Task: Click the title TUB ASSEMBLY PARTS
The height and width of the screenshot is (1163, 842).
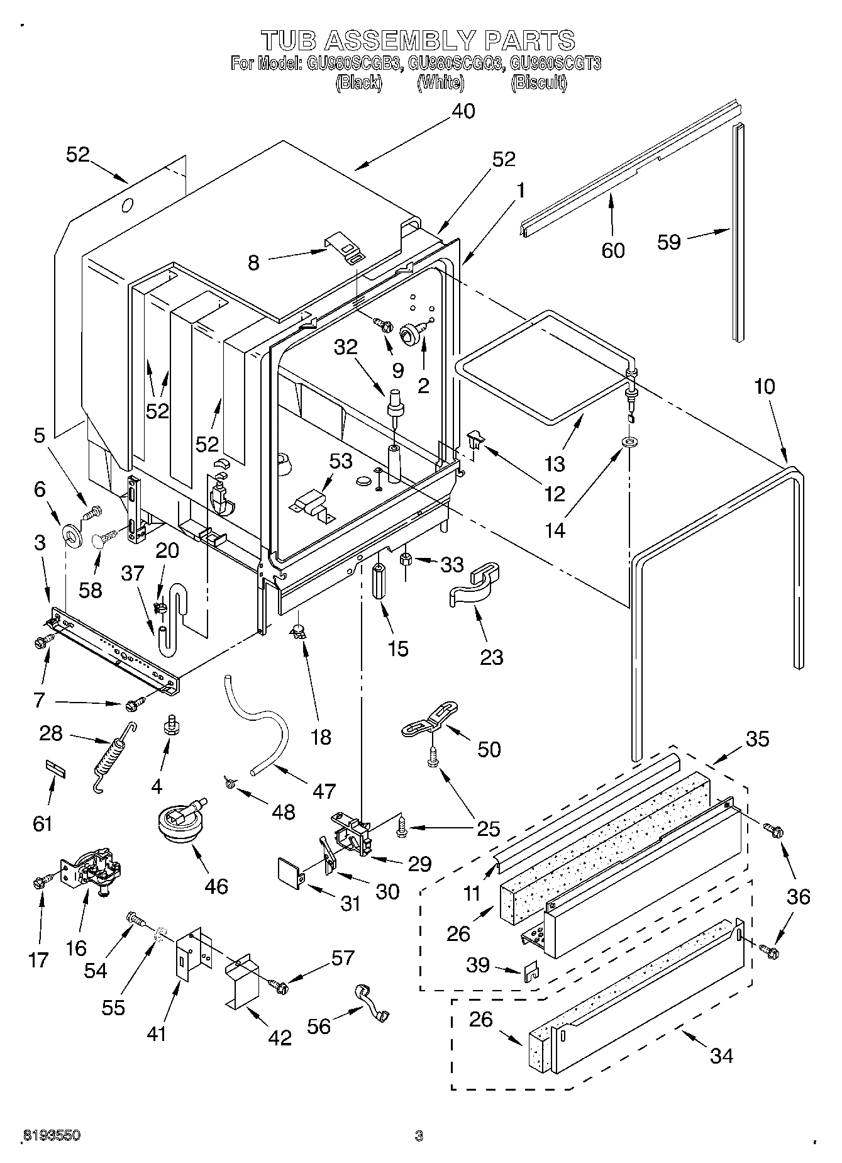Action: (x=418, y=40)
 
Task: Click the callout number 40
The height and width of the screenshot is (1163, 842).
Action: (x=463, y=111)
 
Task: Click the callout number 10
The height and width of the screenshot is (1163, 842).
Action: (x=765, y=386)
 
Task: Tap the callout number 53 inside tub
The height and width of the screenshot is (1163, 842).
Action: (x=341, y=461)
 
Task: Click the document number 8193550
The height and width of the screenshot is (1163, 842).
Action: (x=52, y=1136)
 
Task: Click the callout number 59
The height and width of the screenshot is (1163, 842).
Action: (x=669, y=242)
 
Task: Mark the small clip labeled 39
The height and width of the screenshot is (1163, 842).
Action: (x=531, y=971)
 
